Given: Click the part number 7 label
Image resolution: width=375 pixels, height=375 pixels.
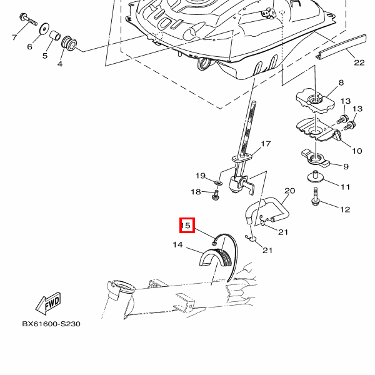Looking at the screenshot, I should pyautogui.click(x=14, y=37).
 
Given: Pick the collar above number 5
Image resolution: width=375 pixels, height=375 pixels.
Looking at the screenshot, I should pyautogui.click(x=55, y=35).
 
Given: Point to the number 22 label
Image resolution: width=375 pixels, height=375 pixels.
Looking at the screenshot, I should pyautogui.click(x=358, y=62).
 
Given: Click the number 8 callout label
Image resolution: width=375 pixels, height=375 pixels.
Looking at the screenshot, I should pyautogui.click(x=341, y=82).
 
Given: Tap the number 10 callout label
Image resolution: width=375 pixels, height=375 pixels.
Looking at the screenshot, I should pyautogui.click(x=357, y=151).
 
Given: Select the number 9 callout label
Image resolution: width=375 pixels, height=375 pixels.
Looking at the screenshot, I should pyautogui.click(x=345, y=166).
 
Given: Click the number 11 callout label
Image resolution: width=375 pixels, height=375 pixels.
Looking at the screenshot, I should pyautogui.click(x=346, y=186).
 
